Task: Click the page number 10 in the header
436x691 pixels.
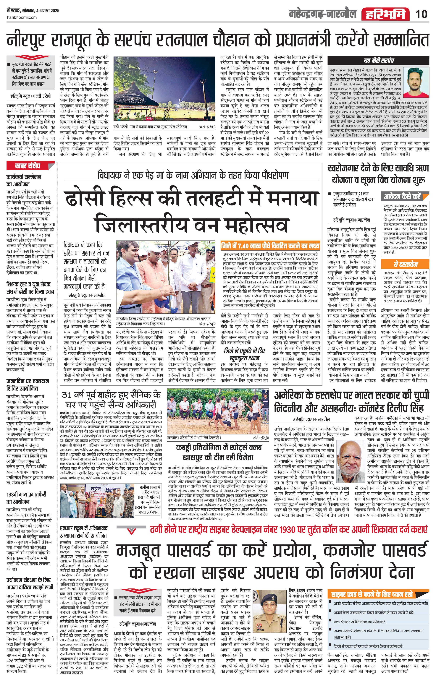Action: pos(421,14)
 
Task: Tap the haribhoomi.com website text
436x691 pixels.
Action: pos(22,17)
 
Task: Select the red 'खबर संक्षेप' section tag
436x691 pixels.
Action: pos(28,166)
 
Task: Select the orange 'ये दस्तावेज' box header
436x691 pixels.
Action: pos(405,264)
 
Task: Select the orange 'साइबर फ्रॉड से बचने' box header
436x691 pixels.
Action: pos(372,594)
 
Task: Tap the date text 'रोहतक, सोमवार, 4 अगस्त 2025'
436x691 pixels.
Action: pos(33,11)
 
